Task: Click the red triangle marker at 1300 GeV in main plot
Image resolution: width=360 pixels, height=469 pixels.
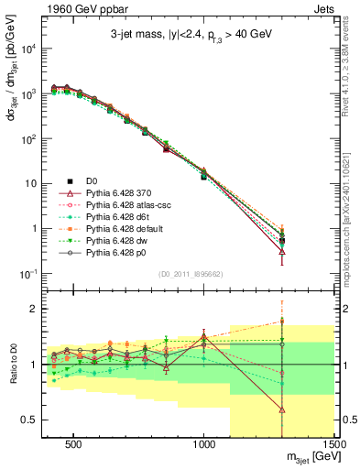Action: pos(282,251)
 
